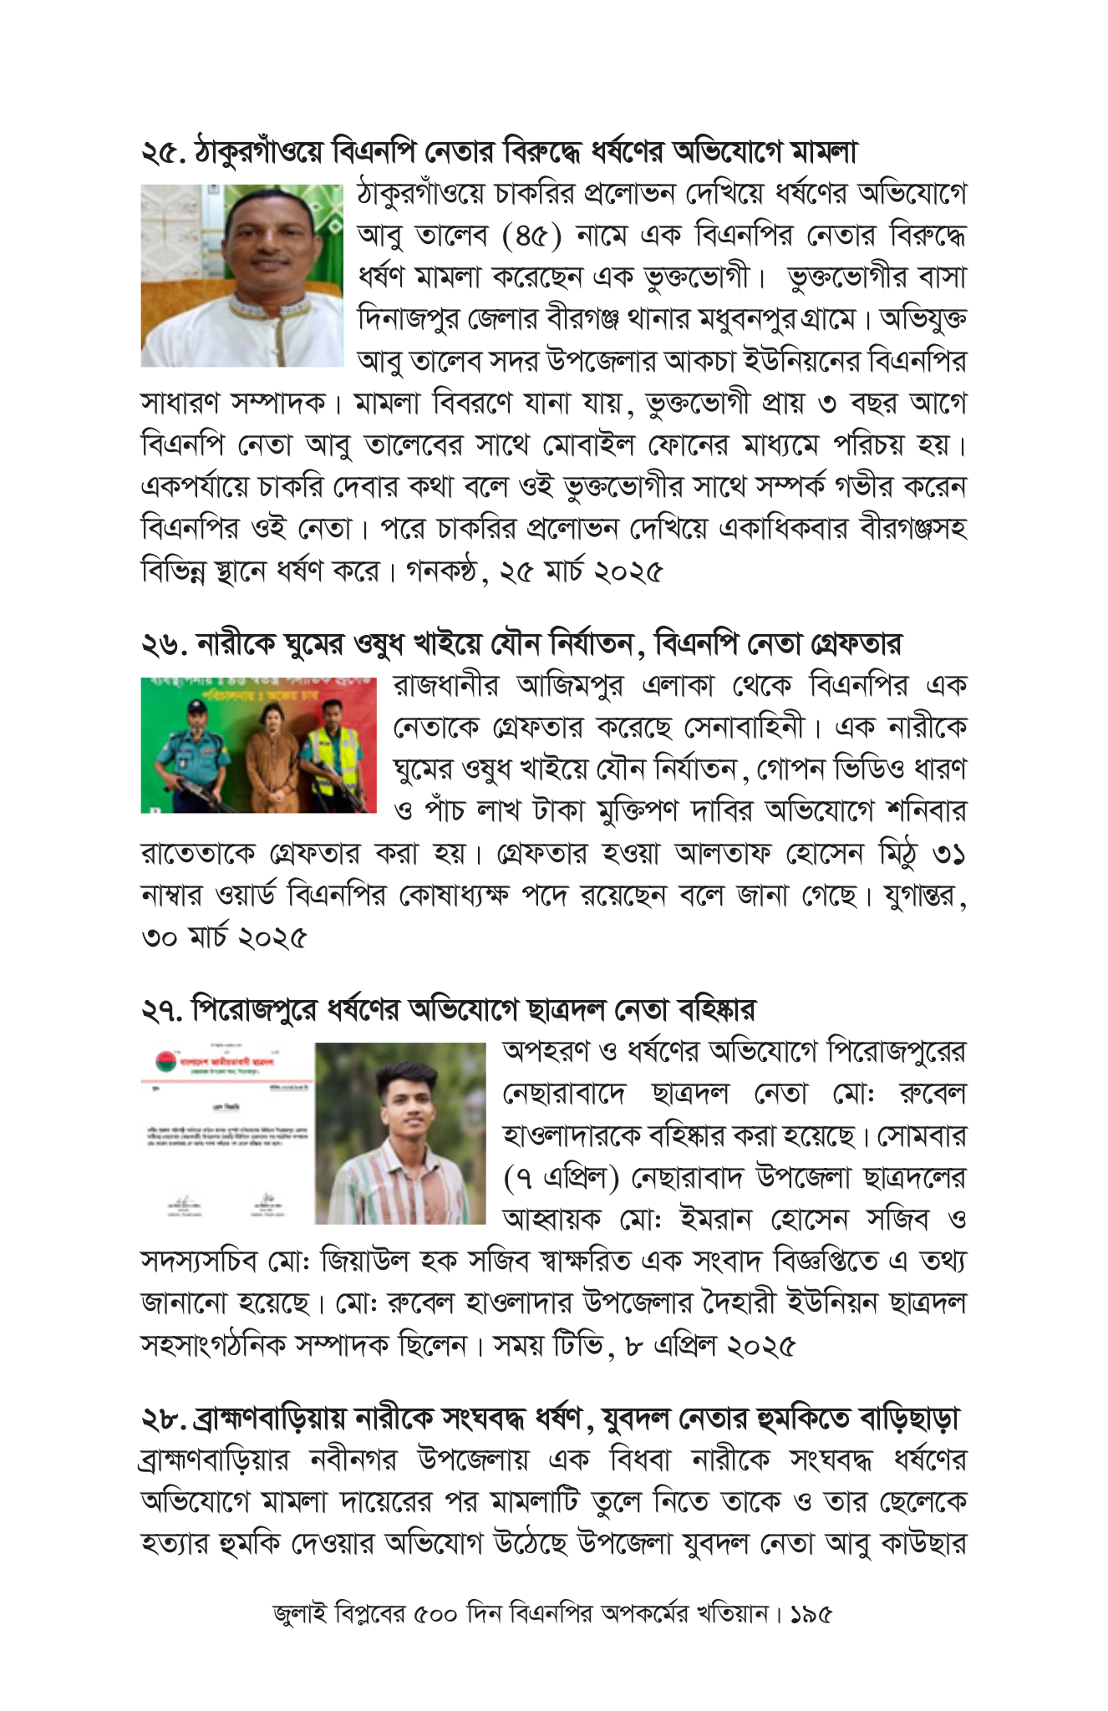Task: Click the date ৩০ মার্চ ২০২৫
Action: coord(224,937)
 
